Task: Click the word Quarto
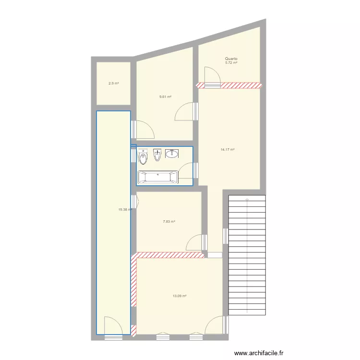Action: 231,59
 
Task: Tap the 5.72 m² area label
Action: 231,63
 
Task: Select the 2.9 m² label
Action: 113,84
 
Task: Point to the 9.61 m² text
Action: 166,96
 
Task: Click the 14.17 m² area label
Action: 227,149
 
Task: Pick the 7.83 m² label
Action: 168,221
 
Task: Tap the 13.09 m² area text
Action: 180,296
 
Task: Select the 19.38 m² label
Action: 125,209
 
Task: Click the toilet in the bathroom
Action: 142,157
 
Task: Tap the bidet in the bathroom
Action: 156,155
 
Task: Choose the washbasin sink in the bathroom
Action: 172,154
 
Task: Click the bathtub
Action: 158,178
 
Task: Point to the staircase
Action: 247,254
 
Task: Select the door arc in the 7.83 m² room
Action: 195,242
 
